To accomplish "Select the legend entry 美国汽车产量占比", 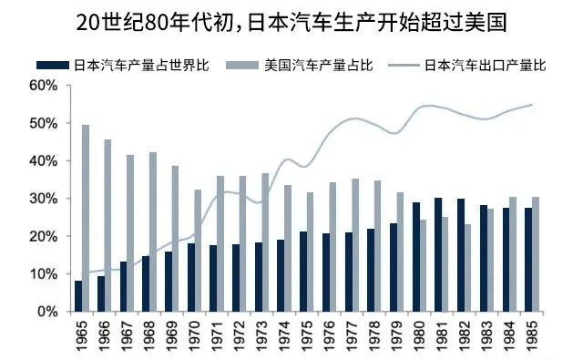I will coord(318,66).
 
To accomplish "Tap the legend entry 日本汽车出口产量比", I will coord(484,66).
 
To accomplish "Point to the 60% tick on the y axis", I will coord(43,85).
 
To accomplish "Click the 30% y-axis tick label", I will coord(43,199).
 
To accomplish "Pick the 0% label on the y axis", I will coord(46,312).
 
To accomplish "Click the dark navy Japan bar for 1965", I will coord(77,296).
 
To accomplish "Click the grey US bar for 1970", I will coord(198,251).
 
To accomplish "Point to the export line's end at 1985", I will coord(532,104).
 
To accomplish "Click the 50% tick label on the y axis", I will coord(43,123).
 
